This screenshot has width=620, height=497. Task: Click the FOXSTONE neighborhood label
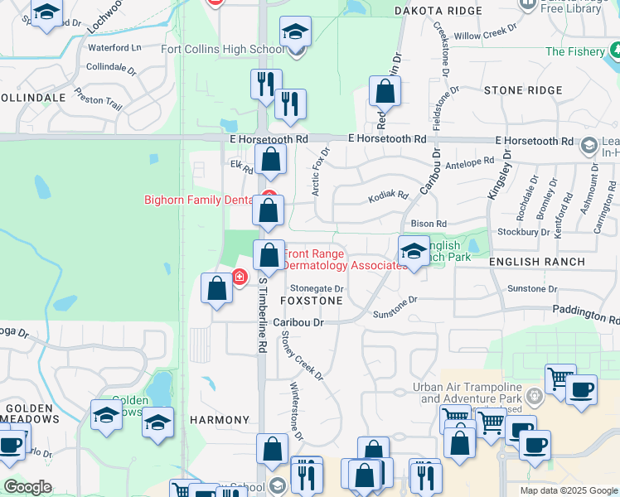[x=312, y=300]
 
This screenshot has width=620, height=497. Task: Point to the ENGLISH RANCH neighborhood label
[x=537, y=262]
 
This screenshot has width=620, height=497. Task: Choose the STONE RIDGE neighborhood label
[x=521, y=89]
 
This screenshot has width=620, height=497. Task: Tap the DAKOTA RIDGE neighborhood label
[x=438, y=10]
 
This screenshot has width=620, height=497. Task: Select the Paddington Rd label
[x=587, y=316]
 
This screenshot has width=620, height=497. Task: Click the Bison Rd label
[x=429, y=224]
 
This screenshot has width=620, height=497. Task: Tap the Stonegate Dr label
[x=316, y=287]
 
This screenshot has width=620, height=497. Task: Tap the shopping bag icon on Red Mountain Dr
[x=385, y=91]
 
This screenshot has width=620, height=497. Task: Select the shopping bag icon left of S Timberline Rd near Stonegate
[x=217, y=289]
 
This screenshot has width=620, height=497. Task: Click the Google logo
[x=28, y=487]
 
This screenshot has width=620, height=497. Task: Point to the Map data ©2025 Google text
[x=568, y=490]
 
